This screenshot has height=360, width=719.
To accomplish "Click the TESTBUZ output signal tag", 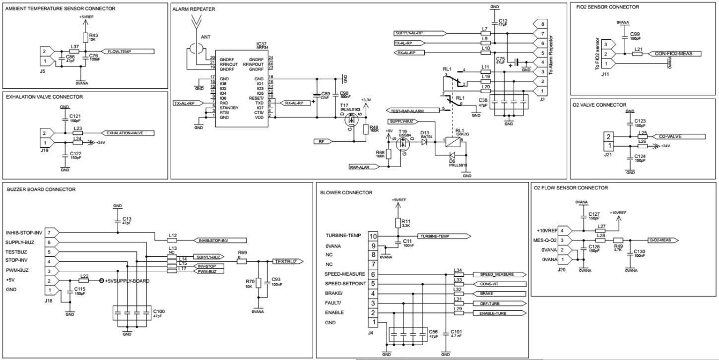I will (285, 261).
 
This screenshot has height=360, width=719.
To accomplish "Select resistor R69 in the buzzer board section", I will (242, 261).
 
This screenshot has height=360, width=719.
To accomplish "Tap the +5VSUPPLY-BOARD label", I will (127, 281).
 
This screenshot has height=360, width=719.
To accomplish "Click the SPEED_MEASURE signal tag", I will (498, 274).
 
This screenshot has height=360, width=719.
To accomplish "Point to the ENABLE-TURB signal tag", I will (498, 313).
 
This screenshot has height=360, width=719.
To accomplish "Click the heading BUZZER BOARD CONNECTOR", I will (41, 189).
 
